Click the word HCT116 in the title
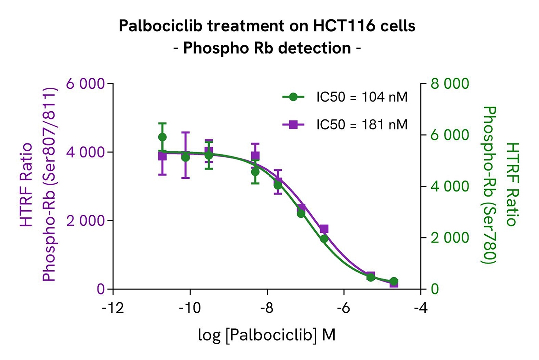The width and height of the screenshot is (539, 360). point(334,25)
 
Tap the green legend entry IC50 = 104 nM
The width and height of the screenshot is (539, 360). point(362,97)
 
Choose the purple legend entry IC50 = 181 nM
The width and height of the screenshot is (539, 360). point(362,124)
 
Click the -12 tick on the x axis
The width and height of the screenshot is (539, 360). point(113,306)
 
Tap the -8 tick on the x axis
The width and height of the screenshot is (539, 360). point(267,306)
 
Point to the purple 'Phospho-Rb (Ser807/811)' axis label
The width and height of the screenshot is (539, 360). point(48,186)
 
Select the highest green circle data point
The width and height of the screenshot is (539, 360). point(162,137)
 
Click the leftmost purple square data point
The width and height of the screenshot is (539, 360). point(162,156)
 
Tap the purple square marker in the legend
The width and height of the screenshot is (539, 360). point(293,124)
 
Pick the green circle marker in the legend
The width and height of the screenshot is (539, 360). point(293,97)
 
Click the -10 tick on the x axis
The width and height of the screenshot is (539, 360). point(190,306)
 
